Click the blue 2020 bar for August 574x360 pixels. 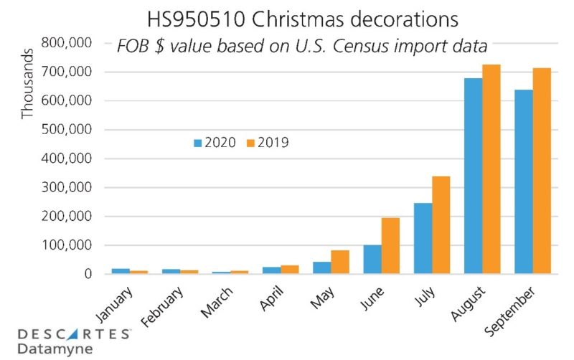474,176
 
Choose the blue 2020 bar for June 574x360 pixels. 373,259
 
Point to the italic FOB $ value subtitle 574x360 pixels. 302,47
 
